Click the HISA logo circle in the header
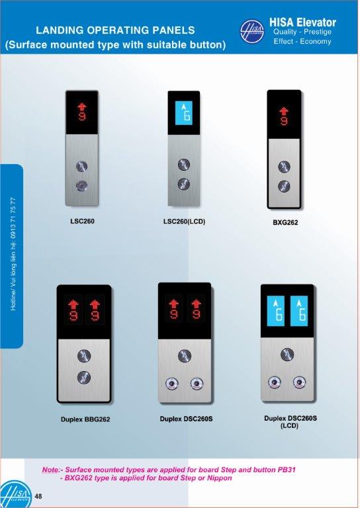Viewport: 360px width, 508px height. [251, 32]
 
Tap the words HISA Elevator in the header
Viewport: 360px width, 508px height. [302, 22]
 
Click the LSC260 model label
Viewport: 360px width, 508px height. [82, 222]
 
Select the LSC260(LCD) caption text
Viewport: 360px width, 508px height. [185, 222]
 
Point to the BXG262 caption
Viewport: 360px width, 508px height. [285, 222]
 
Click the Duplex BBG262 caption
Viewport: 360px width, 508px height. [85, 419]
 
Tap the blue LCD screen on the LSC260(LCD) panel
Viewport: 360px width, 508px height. [184, 113]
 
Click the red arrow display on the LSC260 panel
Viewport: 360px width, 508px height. [82, 111]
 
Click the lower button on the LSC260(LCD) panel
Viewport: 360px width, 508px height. [184, 184]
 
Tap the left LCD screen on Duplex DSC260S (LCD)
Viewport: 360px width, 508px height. [276, 311]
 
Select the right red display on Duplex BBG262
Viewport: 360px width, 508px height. [95, 310]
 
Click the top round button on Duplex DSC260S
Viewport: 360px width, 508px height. [185, 356]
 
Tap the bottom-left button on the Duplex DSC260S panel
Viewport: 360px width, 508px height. [172, 384]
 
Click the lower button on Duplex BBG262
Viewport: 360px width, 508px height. [84, 378]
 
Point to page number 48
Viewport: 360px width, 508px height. [38, 496]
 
